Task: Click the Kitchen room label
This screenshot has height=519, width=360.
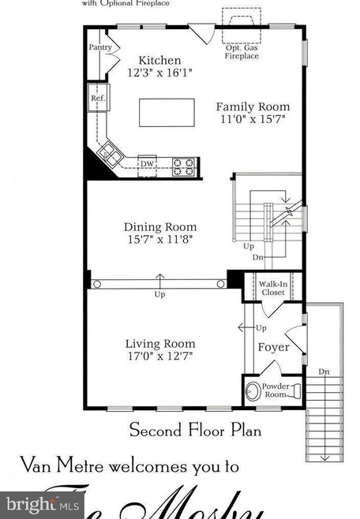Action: (159, 61)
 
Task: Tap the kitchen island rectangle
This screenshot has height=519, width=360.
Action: (167, 112)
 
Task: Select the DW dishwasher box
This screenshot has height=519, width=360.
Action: (147, 164)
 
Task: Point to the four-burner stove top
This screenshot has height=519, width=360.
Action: (183, 166)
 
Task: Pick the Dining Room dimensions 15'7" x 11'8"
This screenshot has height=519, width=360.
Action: (159, 239)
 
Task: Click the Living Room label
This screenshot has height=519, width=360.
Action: (160, 344)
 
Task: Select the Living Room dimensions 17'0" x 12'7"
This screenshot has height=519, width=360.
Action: (160, 356)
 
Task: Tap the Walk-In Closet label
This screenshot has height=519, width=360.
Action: (273, 288)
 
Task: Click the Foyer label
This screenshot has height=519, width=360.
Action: (274, 347)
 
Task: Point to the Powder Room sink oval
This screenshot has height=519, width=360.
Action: (254, 390)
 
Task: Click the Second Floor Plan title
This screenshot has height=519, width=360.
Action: (195, 431)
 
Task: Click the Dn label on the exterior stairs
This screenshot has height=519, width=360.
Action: (324, 371)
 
